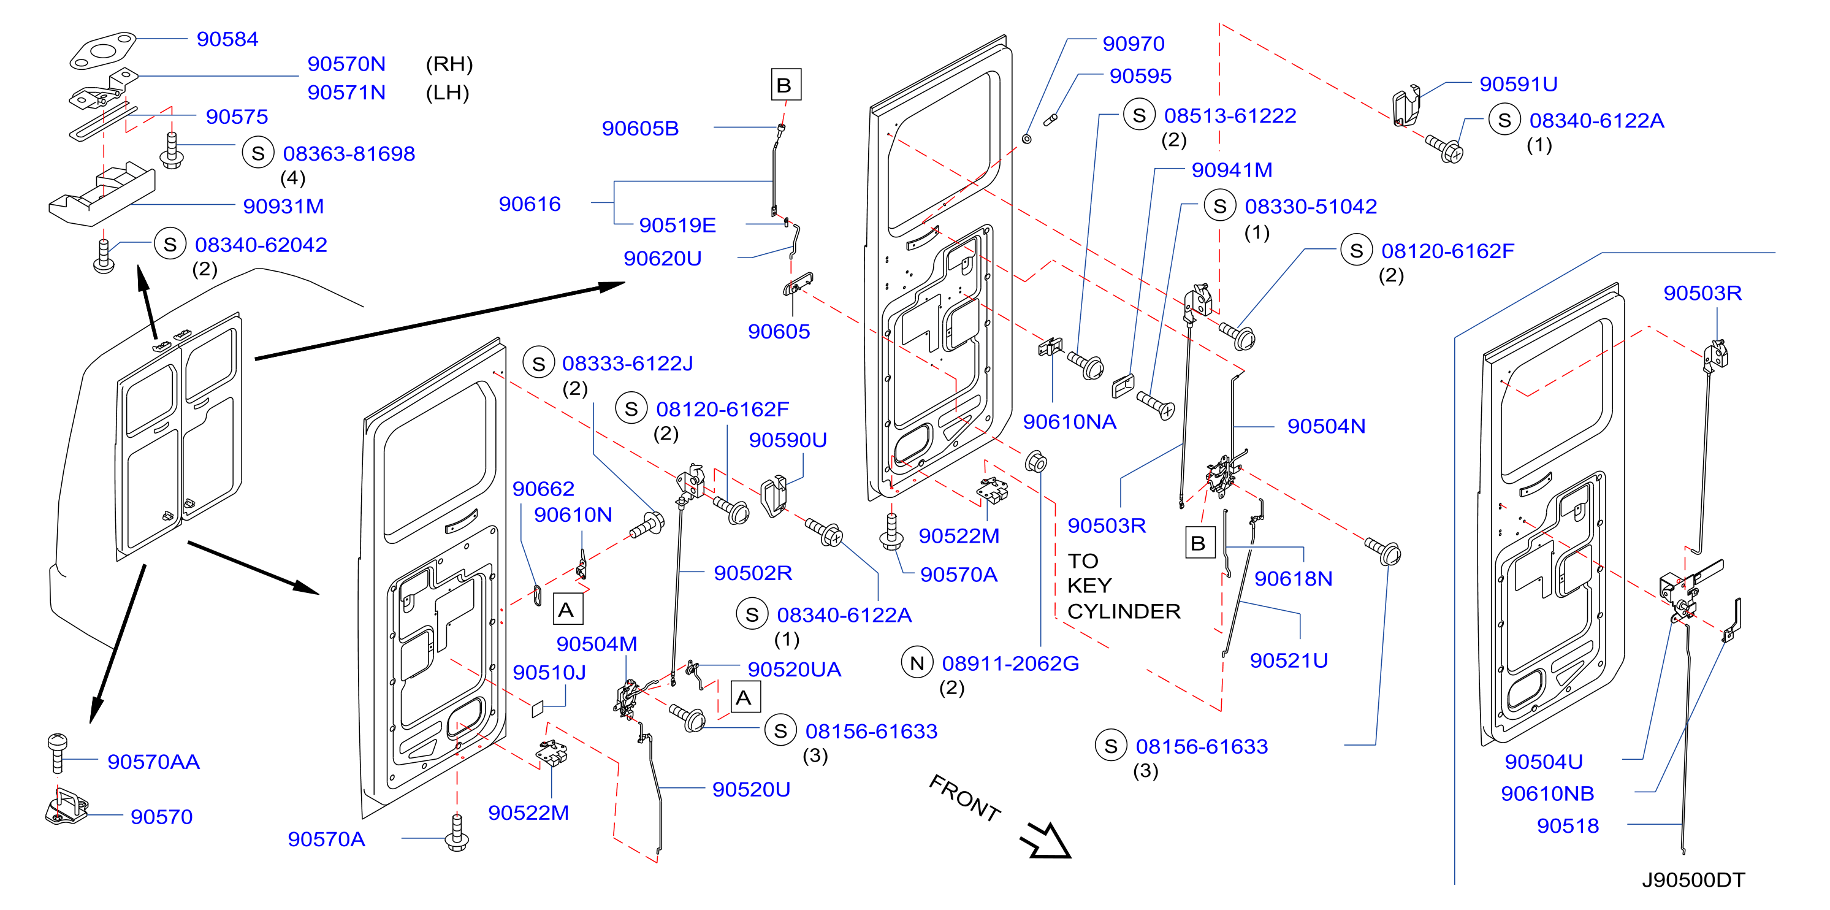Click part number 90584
(227, 39)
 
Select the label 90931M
(283, 206)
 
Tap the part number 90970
(1133, 44)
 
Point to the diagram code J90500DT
(1693, 879)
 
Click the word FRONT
(965, 798)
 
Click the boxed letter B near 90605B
(786, 85)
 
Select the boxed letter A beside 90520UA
(744, 697)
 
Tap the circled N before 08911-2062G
(917, 663)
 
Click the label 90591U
(1518, 84)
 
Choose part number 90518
(1568, 825)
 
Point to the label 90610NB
(1547, 793)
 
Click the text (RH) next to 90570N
(449, 64)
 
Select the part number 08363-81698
(349, 153)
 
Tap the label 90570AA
(153, 762)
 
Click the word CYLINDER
(1123, 611)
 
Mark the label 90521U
(1289, 660)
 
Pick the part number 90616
(530, 204)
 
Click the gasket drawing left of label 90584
(102, 50)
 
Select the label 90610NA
(1069, 421)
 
